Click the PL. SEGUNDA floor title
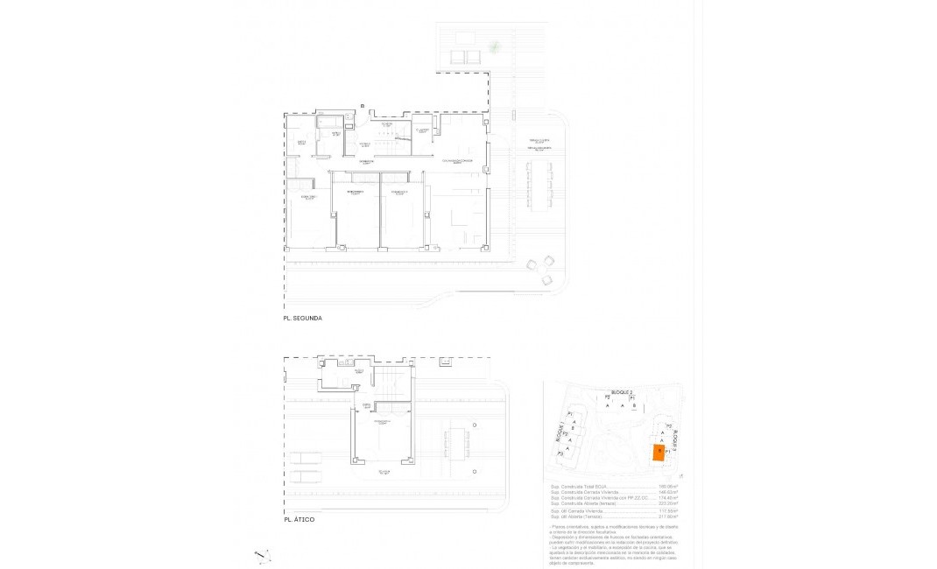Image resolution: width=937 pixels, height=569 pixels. tap(304, 319)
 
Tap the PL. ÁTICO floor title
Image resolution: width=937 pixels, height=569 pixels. tap(299, 519)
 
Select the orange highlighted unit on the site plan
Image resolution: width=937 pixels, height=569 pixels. tap(658, 452)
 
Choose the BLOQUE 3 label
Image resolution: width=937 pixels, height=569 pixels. tap(675, 437)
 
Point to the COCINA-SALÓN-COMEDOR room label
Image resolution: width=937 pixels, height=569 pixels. tap(457, 161)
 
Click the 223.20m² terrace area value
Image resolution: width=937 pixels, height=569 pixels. tap(669, 503)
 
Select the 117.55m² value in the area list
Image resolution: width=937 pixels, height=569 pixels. tap(669, 510)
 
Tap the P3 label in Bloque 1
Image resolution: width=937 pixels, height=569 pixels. tap(561, 453)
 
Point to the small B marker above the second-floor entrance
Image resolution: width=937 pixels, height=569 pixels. tap(361, 106)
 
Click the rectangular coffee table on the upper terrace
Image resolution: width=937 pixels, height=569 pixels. tap(460, 57)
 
